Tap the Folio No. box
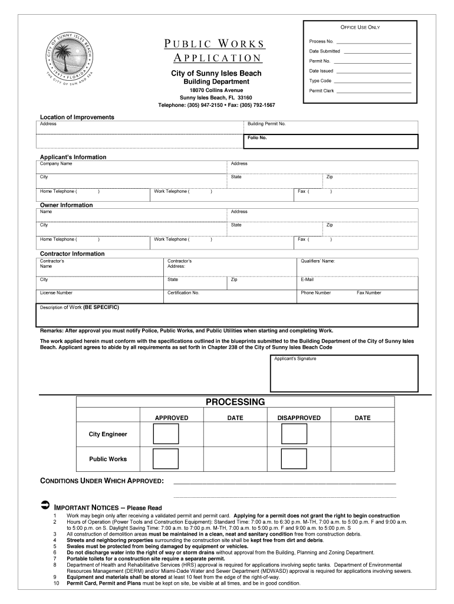[x=331, y=141]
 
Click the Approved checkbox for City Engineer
[x=166, y=434]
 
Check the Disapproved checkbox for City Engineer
[x=294, y=434]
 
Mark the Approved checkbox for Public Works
[x=166, y=459]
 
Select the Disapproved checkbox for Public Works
[x=294, y=459]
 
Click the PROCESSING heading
[x=235, y=402]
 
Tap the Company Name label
[x=56, y=163]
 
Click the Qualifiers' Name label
[x=318, y=261]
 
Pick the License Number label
[x=57, y=293]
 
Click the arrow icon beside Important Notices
[x=45, y=506]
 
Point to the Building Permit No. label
[x=267, y=124]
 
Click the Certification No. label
[x=183, y=293]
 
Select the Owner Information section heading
[x=66, y=205]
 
